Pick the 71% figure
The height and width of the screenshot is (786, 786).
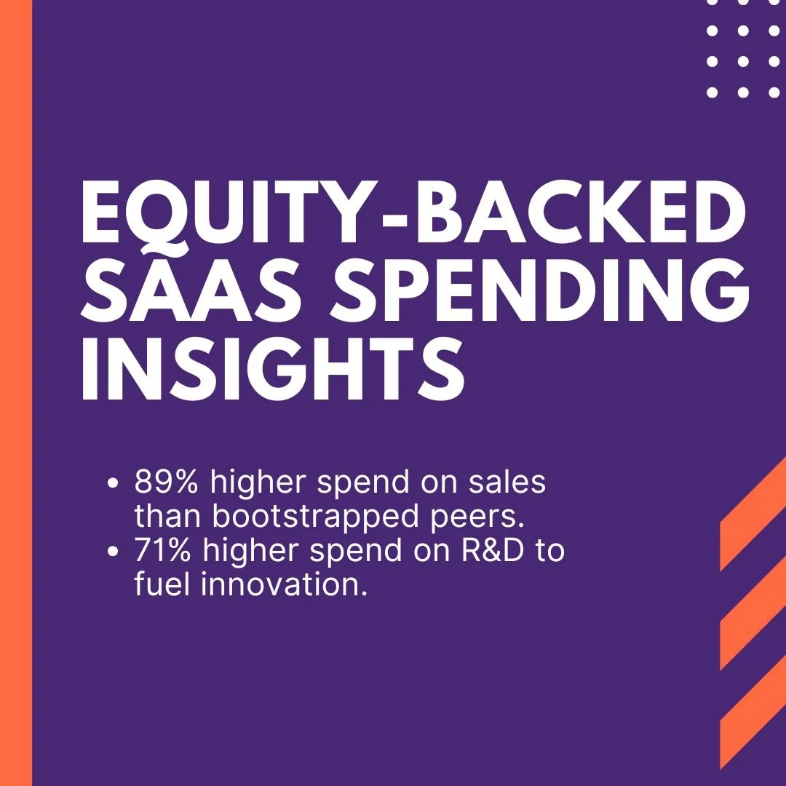point(164,551)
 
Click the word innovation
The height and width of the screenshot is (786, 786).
point(282,585)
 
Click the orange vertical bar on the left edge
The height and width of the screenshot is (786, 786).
point(16,393)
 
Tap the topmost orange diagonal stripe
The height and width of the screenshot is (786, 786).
point(753,517)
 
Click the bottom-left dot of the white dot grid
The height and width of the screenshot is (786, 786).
point(712,92)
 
